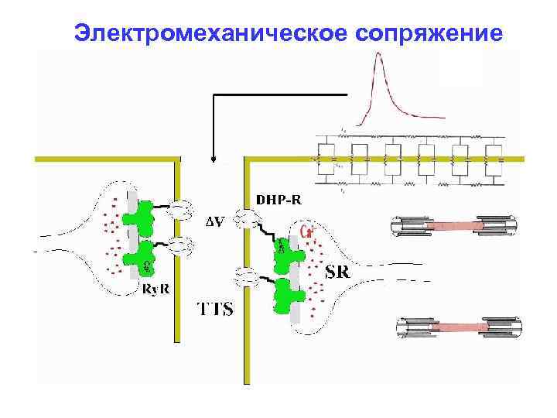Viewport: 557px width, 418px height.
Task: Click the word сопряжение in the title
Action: [x=429, y=33]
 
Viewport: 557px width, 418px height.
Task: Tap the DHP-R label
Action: [x=278, y=200]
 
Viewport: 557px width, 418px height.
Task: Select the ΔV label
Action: [x=216, y=223]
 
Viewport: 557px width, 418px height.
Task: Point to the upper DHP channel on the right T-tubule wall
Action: [x=246, y=220]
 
